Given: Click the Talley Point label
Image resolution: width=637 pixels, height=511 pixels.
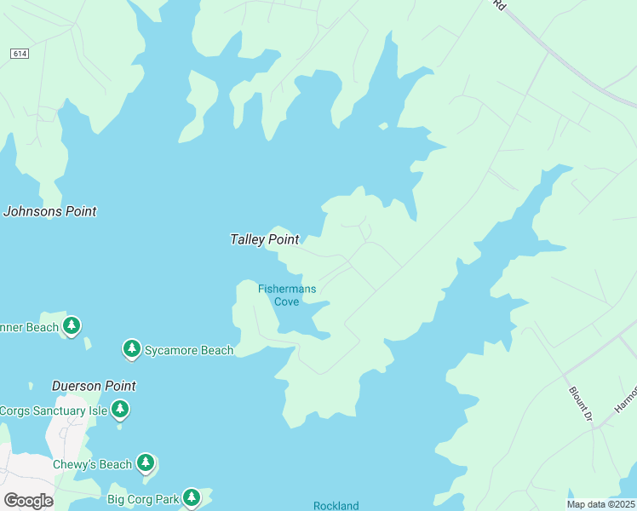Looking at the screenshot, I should (264, 240).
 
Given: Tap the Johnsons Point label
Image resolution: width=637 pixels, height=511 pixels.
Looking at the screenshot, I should (49, 211).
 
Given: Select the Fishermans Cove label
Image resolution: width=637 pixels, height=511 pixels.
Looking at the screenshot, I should (287, 295).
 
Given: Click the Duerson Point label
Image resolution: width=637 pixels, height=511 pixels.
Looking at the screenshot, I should (94, 386).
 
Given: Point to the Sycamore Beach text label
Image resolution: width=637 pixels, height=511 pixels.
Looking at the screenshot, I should (188, 350).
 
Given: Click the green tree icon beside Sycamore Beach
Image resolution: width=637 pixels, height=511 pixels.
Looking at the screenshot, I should (131, 348).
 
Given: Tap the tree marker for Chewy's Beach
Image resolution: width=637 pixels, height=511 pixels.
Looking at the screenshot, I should (146, 463).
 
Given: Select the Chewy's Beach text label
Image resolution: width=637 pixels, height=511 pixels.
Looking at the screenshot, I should (92, 464).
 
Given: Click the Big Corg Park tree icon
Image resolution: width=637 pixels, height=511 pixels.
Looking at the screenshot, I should (191, 497).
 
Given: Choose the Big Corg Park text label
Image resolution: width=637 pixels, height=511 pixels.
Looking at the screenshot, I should (144, 498).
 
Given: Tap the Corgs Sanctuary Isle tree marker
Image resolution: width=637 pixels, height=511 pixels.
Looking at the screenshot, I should (120, 410).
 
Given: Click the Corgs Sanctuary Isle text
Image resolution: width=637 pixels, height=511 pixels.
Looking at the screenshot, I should (54, 411).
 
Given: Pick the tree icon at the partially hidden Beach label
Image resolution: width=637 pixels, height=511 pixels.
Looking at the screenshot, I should (72, 325).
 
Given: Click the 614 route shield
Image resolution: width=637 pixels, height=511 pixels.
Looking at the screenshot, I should (20, 54).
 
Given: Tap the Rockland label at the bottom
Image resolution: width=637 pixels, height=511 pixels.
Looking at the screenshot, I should (336, 505).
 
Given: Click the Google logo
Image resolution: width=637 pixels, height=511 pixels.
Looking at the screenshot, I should (28, 501).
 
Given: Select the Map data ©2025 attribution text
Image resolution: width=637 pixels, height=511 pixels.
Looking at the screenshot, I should (600, 504).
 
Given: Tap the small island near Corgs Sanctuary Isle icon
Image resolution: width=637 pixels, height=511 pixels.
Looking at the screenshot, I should (119, 425).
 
